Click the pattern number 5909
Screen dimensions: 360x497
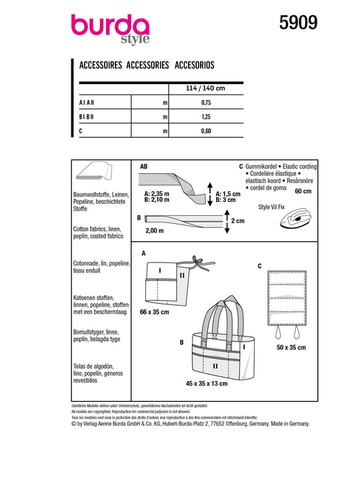click(x=298, y=23)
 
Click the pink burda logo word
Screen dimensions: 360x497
click(x=110, y=25)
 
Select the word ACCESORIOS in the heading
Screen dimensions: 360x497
click(x=195, y=65)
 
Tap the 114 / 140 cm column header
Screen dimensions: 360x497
click(x=205, y=88)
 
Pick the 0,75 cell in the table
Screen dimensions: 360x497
click(x=206, y=103)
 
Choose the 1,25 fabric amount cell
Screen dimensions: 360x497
click(x=206, y=117)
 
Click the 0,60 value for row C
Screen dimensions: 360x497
click(x=206, y=131)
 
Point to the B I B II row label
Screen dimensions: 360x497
click(x=86, y=117)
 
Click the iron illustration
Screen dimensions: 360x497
click(x=295, y=218)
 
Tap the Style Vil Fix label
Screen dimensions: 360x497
click(x=271, y=207)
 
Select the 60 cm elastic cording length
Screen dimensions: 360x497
click(x=303, y=191)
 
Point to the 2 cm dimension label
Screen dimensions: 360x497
click(x=237, y=221)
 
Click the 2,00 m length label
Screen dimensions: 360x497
click(x=155, y=231)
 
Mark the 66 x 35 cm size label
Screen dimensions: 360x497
click(x=155, y=312)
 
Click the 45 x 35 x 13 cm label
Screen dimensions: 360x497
click(x=207, y=384)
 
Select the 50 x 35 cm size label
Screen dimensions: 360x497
click(x=291, y=347)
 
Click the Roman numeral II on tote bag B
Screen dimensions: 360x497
click(x=215, y=366)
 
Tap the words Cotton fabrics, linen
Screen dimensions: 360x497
click(x=97, y=229)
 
